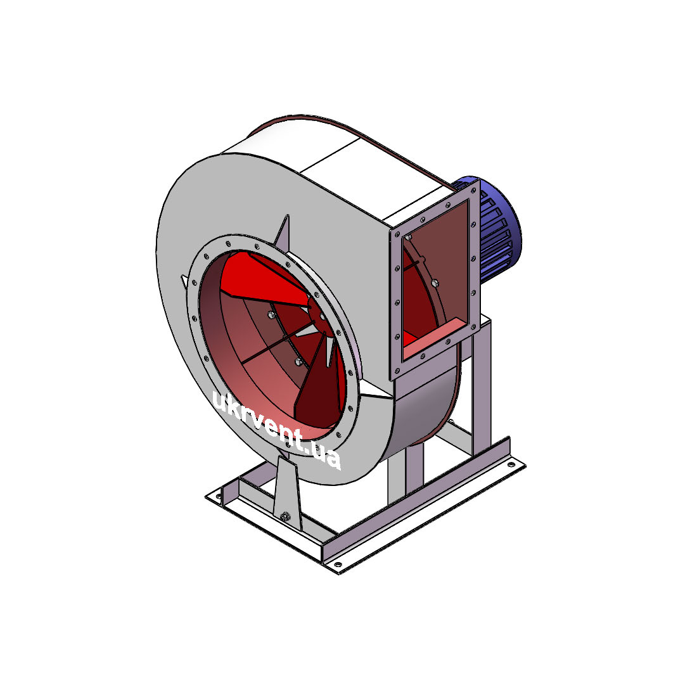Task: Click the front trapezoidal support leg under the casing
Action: click(x=286, y=494)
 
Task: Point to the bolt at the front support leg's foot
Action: click(x=285, y=516)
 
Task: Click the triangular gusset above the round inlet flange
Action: click(x=283, y=231)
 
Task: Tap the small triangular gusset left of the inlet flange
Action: click(x=184, y=281)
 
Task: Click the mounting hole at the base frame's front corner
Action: click(x=338, y=565)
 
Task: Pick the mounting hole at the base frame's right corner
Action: click(x=511, y=465)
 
